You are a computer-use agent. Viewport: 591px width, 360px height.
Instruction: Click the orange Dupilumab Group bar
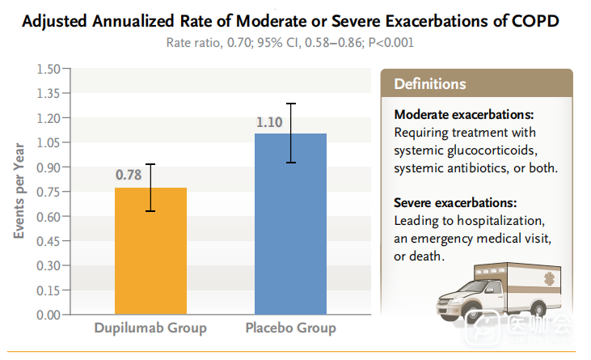[x=150, y=251]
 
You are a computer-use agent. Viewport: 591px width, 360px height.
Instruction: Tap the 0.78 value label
[x=129, y=175]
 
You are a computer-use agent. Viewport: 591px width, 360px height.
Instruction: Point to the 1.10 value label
[x=269, y=122]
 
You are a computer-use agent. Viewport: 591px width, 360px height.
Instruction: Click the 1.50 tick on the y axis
[x=49, y=69]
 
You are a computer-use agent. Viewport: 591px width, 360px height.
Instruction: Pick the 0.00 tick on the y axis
[x=49, y=315]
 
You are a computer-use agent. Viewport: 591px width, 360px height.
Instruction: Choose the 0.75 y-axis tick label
[x=49, y=192]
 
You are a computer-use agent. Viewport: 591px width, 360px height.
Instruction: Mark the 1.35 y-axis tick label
[x=49, y=93]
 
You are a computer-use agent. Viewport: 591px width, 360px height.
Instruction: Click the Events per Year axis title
[x=19, y=191]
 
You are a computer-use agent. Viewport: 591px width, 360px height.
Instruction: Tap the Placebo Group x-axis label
[x=290, y=328]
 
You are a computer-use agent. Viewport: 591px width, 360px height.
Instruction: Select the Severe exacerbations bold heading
[x=455, y=202]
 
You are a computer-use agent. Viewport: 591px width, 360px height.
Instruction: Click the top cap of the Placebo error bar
[x=290, y=104]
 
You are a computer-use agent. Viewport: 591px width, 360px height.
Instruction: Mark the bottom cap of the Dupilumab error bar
[x=150, y=211]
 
